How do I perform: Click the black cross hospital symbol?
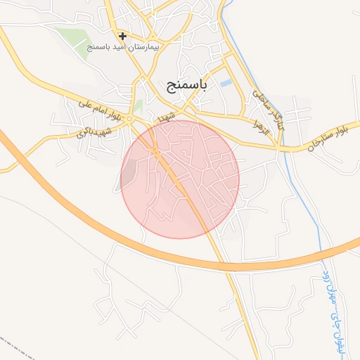(x=122, y=36)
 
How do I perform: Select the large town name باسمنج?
(x=187, y=86)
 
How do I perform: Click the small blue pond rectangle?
(x=225, y=84)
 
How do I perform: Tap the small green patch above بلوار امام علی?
(x=139, y=106)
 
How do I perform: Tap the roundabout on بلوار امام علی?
(x=130, y=120)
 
